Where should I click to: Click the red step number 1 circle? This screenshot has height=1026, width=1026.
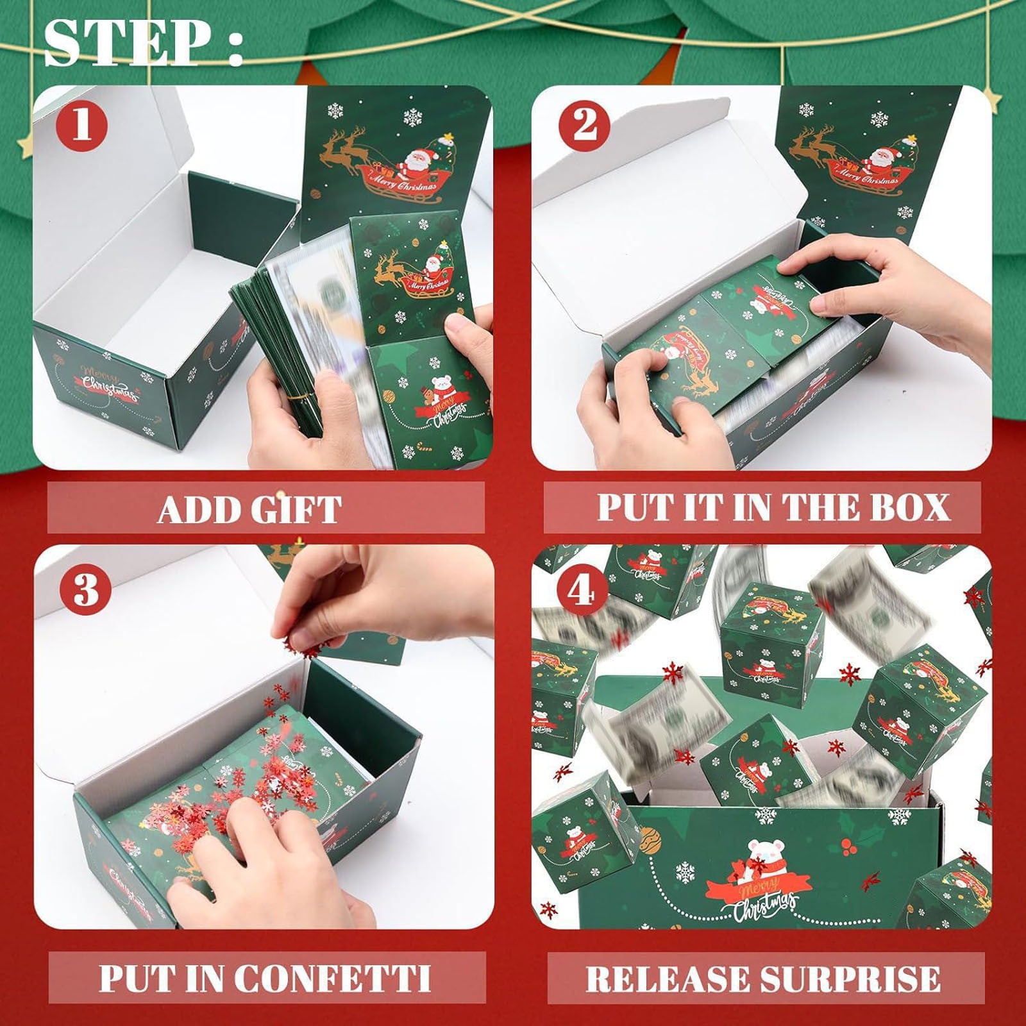click(x=81, y=124)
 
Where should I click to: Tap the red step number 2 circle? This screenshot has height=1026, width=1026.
click(x=584, y=124)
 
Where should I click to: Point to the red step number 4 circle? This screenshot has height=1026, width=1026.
click(x=582, y=591)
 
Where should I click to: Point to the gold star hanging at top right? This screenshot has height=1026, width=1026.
click(x=993, y=101)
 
